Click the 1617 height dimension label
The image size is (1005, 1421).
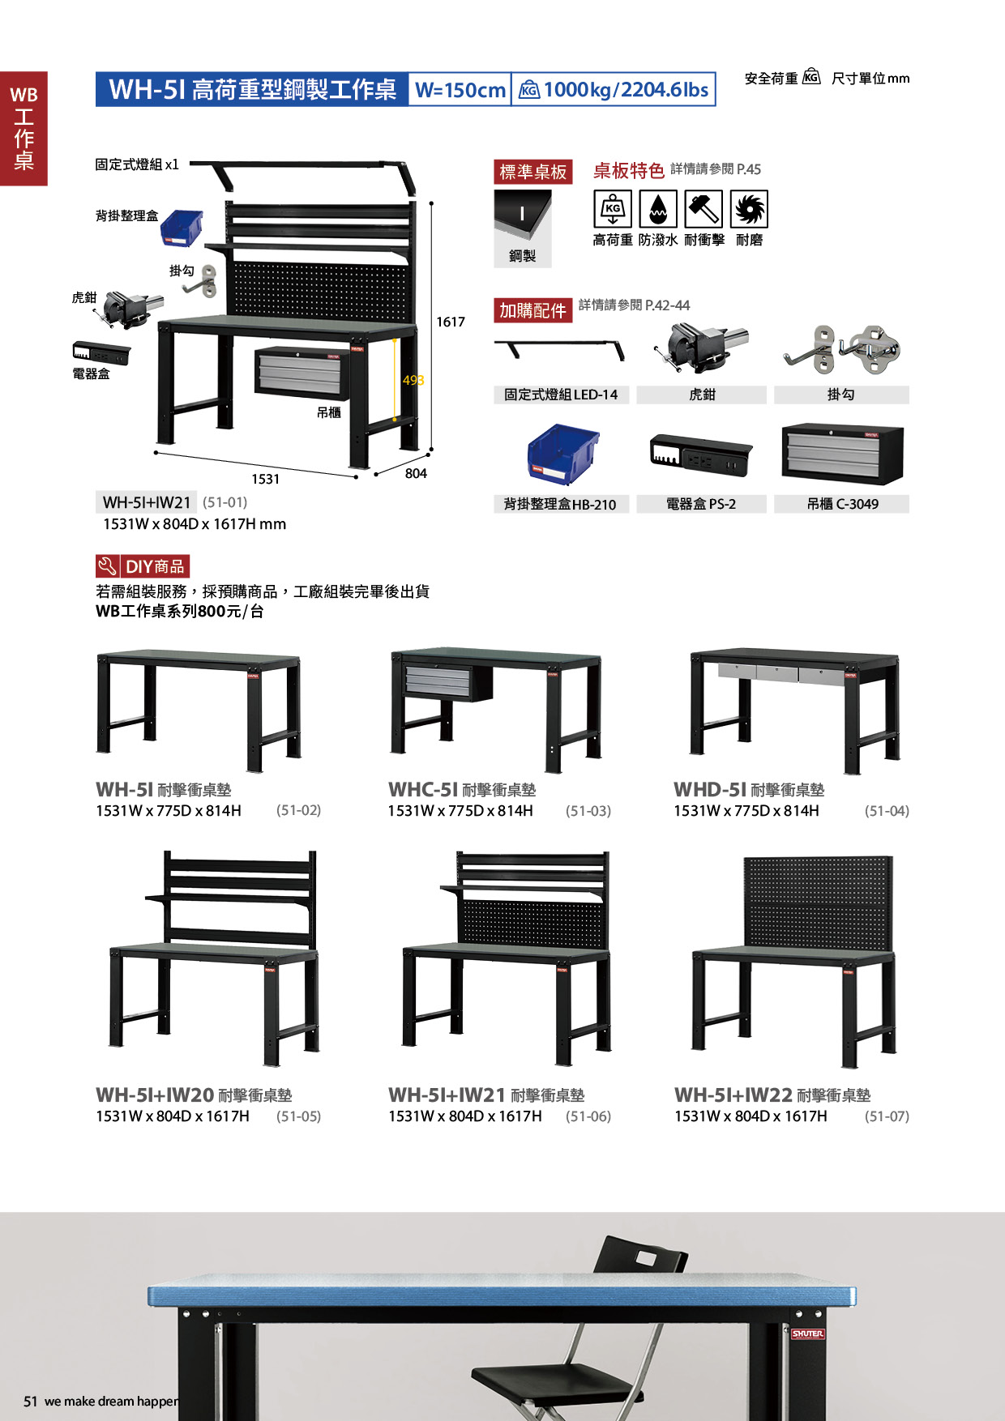click(x=451, y=322)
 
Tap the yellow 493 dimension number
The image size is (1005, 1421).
click(x=413, y=380)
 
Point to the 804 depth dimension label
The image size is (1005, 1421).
click(x=416, y=473)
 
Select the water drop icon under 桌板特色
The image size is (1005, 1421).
click(x=658, y=209)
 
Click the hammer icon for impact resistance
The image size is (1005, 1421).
click(x=703, y=209)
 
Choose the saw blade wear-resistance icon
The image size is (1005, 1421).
click(x=749, y=209)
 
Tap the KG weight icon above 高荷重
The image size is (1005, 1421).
click(x=613, y=209)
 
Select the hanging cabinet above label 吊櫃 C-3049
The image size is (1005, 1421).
click(x=843, y=454)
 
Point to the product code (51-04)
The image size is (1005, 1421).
click(x=887, y=811)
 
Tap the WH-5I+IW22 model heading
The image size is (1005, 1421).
click(x=733, y=1095)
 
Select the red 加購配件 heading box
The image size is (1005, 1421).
click(x=533, y=310)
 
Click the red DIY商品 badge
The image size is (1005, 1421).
click(x=143, y=566)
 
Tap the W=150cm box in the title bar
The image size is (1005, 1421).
click(x=460, y=89)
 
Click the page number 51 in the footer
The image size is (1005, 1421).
click(x=31, y=1402)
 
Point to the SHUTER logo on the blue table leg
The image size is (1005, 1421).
click(x=807, y=1334)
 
